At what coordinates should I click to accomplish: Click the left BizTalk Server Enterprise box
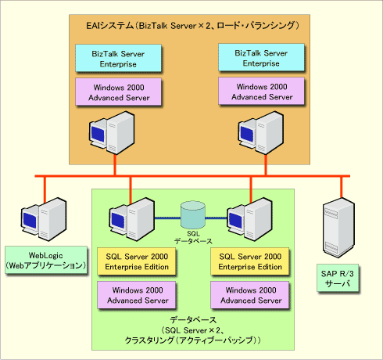coord(118,58)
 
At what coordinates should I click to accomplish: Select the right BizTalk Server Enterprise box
coord(261,57)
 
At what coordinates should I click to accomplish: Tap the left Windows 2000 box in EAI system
coord(118,92)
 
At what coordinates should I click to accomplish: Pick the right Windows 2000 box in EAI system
coord(261,91)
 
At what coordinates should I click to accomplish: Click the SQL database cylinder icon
coord(193,214)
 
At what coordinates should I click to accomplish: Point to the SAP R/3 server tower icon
coord(338,228)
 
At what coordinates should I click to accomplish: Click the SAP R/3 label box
coord(338,278)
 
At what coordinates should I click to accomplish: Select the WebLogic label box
coord(46,260)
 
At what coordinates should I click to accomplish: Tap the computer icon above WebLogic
coord(44,219)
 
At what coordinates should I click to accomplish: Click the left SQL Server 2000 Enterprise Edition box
coord(137,261)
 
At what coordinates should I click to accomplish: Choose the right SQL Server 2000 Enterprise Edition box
coord(250,261)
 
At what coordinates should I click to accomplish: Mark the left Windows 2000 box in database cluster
coord(137,295)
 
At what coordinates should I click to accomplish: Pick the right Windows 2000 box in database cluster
coord(250,295)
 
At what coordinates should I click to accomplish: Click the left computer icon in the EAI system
coord(112,133)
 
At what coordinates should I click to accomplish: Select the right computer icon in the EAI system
coord(261,133)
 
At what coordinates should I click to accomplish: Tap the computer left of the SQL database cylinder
coord(131,219)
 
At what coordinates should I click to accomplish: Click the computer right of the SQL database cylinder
coord(249,219)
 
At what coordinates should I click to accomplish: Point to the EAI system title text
coord(193,26)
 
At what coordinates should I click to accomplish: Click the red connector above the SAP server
coord(341,187)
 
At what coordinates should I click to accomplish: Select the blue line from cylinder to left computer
coord(168,218)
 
